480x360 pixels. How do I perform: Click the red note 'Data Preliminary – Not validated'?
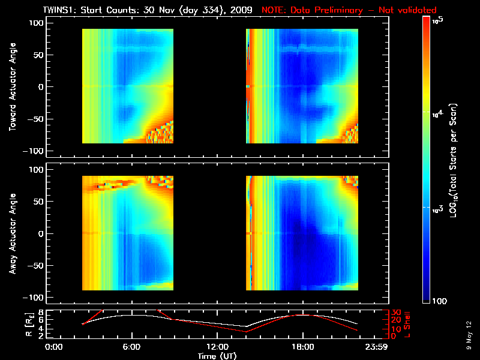[349, 10]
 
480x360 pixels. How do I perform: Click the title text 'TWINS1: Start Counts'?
[89, 10]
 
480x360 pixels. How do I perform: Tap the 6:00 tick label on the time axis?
[131, 347]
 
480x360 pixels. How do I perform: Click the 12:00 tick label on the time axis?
[217, 347]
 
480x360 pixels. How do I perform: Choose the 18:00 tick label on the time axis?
[302, 347]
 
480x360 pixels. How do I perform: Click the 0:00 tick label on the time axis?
[54, 347]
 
